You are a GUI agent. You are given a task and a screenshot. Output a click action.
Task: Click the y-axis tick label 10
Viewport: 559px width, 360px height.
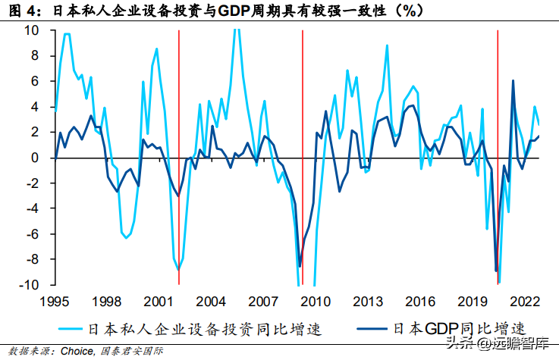[31, 30]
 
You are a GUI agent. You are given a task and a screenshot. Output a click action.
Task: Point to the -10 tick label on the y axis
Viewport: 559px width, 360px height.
[29, 285]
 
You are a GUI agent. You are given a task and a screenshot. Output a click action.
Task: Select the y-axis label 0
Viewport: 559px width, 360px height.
[35, 158]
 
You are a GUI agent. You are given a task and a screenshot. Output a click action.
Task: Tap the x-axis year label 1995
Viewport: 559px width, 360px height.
[54, 302]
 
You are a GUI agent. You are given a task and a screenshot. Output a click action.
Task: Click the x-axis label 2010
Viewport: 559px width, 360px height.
[316, 302]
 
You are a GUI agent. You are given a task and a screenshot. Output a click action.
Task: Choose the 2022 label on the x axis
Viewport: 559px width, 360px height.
[525, 302]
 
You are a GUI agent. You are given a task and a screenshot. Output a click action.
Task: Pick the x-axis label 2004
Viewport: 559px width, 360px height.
[211, 302]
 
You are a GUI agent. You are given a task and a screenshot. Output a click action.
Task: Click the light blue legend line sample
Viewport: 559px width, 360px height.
[71, 329]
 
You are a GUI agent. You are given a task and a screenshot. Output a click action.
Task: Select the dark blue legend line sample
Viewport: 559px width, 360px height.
[372, 329]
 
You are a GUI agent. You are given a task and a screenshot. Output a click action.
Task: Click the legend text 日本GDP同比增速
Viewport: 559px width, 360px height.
[460, 329]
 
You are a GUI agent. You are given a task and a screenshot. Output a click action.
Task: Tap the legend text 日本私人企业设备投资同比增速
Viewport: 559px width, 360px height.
[205, 329]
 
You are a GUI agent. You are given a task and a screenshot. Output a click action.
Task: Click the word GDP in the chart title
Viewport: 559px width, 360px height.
[233, 11]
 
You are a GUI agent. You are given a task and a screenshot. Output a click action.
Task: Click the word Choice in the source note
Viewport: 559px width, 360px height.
[77, 351]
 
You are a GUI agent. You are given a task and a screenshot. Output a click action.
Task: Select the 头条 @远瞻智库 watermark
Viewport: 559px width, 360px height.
[498, 343]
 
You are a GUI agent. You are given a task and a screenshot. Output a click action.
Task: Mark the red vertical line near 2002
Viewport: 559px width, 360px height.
[179, 158]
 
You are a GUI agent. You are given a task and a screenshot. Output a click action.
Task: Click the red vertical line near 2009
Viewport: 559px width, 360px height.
[303, 158]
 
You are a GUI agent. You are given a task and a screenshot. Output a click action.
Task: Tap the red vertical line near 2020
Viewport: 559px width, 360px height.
[498, 158]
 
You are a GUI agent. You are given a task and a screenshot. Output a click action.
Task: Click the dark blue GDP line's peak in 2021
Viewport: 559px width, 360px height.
[513, 81]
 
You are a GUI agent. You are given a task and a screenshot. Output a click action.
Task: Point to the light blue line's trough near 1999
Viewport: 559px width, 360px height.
[126, 238]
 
